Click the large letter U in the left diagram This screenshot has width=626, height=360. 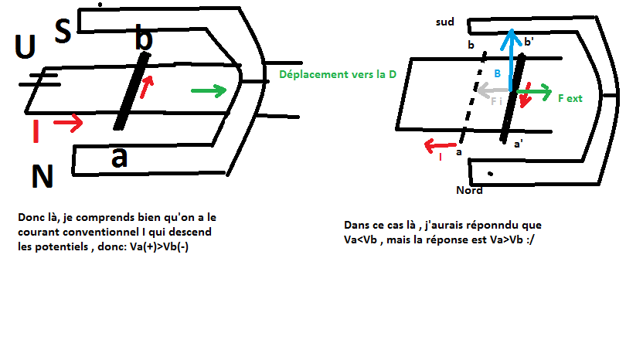point(26,49)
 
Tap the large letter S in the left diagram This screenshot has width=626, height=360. point(63,30)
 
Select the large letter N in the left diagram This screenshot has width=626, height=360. point(43,178)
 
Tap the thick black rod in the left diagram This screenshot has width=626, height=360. point(131,91)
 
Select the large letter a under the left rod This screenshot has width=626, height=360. point(119,157)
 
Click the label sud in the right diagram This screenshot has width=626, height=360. point(444,22)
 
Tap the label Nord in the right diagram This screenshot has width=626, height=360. point(469,190)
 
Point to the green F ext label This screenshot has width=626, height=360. point(570,99)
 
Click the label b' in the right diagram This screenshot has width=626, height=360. point(529,42)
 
